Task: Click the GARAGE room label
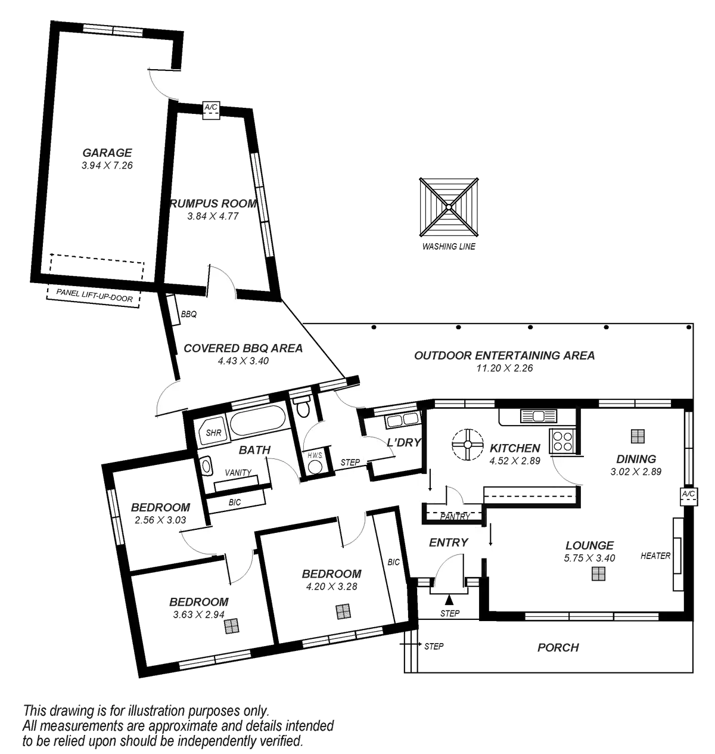107,153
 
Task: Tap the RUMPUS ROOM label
214,204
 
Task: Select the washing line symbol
449,207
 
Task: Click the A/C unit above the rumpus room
211,110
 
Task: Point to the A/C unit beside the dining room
688,497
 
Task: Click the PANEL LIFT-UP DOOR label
94,296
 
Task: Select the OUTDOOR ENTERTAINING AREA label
505,356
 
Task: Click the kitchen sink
537,415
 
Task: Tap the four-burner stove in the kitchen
563,440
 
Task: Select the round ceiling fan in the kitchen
468,444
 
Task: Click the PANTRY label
456,516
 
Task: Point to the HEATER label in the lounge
655,556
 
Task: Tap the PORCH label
558,647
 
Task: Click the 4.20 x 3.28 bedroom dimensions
331,587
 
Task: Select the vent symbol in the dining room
638,437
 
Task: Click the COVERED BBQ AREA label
243,349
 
